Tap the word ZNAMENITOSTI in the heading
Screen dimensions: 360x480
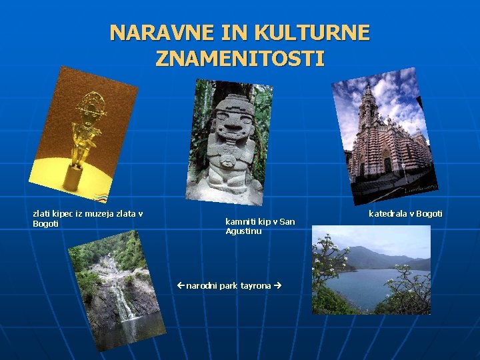[240, 59]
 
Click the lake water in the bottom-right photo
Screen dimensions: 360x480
[373, 283]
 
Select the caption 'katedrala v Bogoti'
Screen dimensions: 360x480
[405, 214]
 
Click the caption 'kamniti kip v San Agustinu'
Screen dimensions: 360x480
[260, 226]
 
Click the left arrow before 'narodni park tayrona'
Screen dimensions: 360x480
[181, 285]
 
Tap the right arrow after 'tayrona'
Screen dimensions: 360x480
[277, 285]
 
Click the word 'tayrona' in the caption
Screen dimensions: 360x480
[256, 285]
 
